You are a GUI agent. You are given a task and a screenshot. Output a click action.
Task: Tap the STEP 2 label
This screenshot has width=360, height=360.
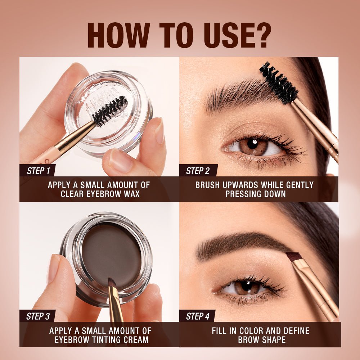pos(198,171)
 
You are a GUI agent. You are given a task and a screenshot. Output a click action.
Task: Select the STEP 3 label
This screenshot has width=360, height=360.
pos(38,316)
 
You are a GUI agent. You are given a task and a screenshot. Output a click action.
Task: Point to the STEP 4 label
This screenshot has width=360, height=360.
pos(198,316)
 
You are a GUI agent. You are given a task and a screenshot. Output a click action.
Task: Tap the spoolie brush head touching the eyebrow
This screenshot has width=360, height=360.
pos(278,82)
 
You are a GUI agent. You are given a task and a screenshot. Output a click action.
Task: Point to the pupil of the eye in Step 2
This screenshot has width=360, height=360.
pos(253,144)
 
